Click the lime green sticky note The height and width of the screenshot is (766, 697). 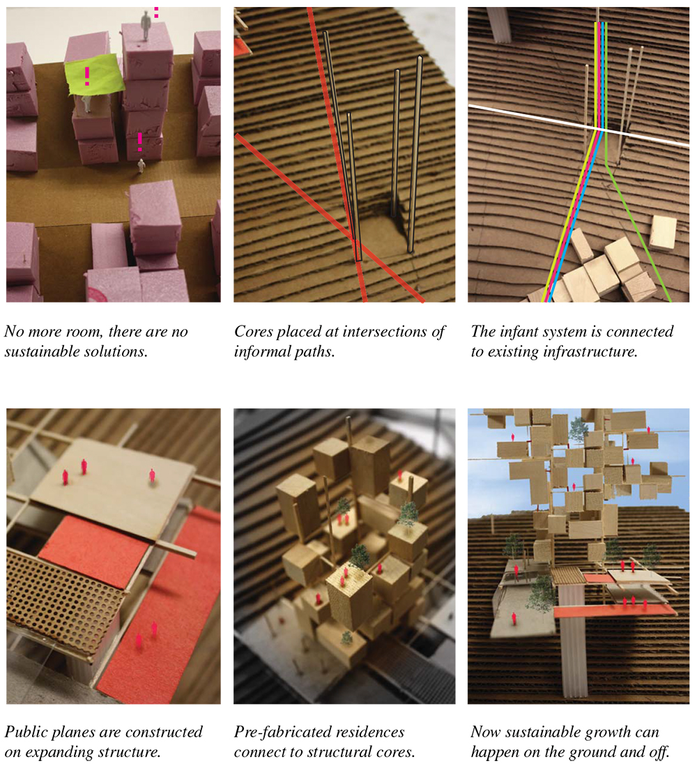[95, 75]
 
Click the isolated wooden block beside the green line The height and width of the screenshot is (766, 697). [664, 232]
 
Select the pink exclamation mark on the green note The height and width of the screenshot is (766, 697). [87, 76]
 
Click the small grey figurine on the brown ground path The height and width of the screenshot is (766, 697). [141, 166]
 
